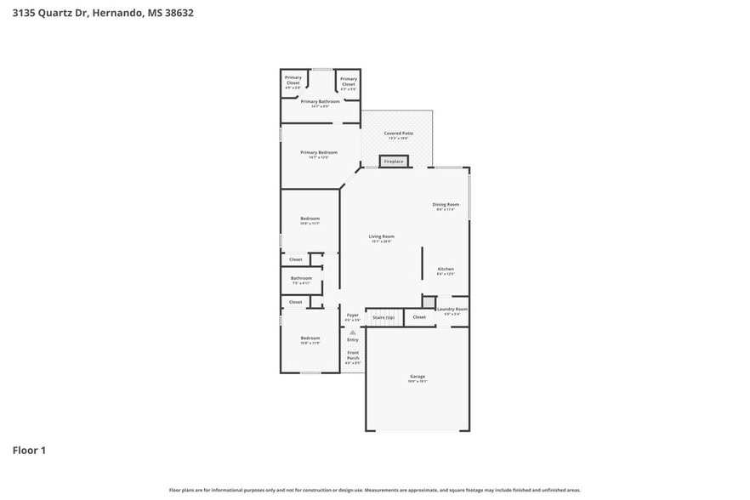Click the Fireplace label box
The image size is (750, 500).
394,162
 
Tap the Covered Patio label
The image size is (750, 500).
398,134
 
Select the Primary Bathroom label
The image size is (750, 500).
320,102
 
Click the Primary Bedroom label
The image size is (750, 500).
319,153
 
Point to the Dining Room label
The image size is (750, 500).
446,205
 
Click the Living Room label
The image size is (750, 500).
381,237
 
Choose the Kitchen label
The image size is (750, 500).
446,270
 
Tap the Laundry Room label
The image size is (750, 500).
452,310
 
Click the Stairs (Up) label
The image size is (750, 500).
384,317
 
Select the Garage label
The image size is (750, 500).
418,377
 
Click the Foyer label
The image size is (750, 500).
352,315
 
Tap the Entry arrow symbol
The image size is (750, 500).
352,332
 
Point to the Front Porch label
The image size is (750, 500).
352,356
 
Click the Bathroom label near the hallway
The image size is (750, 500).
301,279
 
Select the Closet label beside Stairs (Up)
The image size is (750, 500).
419,317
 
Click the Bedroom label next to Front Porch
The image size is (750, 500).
310,338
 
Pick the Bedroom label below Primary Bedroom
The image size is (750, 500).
310,219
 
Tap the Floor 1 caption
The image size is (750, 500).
29,450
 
